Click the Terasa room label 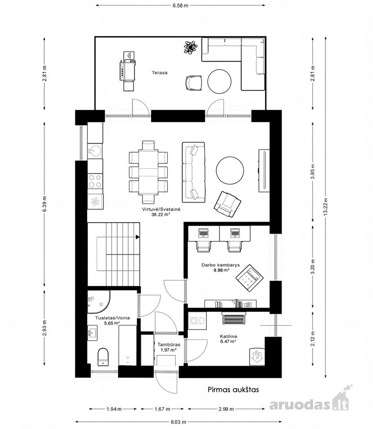[x=160, y=73]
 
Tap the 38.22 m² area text [x=161, y=215]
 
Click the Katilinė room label [x=228, y=337]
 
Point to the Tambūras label [x=169, y=345]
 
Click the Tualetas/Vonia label [x=112, y=318]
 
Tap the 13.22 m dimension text [x=325, y=206]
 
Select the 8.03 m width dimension [x=178, y=422]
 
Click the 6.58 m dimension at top [x=181, y=5]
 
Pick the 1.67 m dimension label [x=162, y=409]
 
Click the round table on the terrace [x=219, y=81]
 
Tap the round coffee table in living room [x=230, y=171]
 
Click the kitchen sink [x=95, y=151]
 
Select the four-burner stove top [x=95, y=181]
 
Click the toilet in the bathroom [x=103, y=357]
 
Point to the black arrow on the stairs [x=138, y=237]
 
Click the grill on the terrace [x=128, y=71]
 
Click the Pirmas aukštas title [x=233, y=389]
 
